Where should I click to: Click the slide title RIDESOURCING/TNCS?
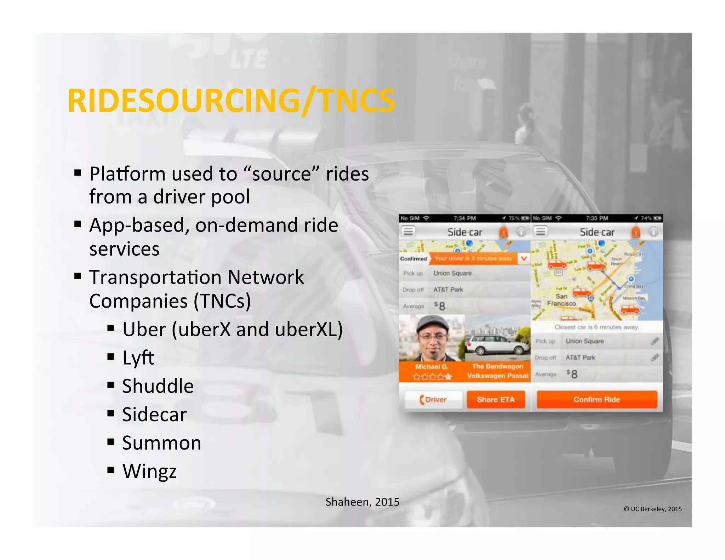point(231,101)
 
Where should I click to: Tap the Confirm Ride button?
point(597,400)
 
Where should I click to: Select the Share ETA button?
point(496,400)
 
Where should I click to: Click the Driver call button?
point(433,400)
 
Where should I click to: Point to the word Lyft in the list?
point(138,358)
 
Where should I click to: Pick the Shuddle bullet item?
point(158,386)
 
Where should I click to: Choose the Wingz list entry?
point(149,471)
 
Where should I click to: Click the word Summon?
point(162,443)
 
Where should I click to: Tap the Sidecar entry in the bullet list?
point(154,415)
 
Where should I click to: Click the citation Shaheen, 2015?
point(362,502)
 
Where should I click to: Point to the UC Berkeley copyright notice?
point(652,509)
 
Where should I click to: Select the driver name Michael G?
point(432,367)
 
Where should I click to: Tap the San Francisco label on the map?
point(561,300)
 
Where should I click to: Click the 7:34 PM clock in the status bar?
point(464,218)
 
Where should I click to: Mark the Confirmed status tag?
point(413,259)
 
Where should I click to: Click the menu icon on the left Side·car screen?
point(408,232)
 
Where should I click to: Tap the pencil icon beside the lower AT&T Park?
point(655,358)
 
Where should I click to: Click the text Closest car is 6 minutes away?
point(596,327)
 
